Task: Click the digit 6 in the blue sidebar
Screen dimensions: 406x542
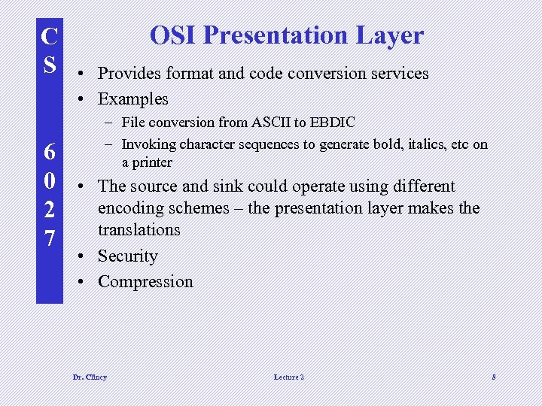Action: tap(49, 152)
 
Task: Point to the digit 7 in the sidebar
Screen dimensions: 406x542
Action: tap(49, 239)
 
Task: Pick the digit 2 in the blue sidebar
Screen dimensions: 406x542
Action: tap(49, 210)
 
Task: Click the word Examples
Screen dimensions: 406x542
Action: tap(133, 98)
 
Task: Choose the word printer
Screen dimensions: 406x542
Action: tap(152, 162)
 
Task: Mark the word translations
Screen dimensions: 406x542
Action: tap(139, 229)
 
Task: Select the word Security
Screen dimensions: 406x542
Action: tap(128, 256)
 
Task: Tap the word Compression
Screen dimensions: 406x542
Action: tap(145, 282)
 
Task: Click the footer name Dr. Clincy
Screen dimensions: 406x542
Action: tap(90, 377)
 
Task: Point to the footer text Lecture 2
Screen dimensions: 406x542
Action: tap(289, 377)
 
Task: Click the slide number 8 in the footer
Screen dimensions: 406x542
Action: tap(494, 377)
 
